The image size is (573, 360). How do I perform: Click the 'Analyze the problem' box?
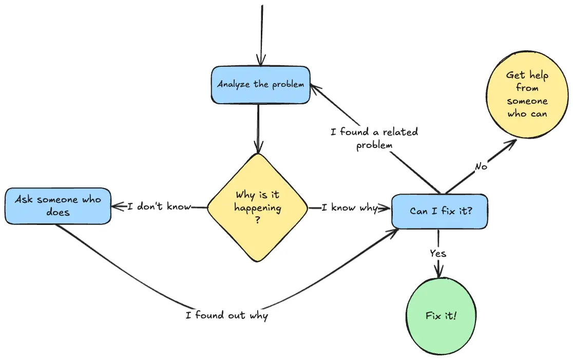pos(261,85)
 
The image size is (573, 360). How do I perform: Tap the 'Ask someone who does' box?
pos(58,205)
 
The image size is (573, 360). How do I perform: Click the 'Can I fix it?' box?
pos(440,211)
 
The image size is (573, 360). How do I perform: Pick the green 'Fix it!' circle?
pos(441,315)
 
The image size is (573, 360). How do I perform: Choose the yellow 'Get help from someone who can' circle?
pos(527,94)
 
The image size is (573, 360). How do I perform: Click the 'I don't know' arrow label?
pos(159,207)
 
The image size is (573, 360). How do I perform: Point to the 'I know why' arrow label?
pos(349,208)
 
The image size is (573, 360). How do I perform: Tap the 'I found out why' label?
pos(226,315)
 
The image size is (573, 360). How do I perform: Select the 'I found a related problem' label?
pos(374,138)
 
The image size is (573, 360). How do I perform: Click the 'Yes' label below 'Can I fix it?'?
pos(438,253)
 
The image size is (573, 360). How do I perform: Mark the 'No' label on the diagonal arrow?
pos(481,166)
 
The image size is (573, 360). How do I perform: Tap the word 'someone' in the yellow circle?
pos(527,101)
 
